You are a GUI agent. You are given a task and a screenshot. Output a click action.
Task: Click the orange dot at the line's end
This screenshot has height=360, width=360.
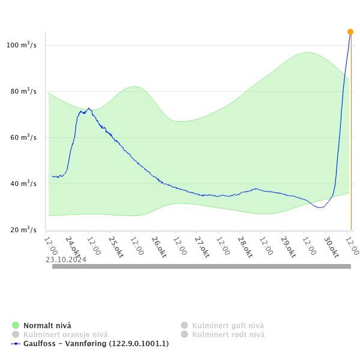350,32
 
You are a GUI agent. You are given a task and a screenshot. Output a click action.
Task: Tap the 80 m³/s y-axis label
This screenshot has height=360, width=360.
23,91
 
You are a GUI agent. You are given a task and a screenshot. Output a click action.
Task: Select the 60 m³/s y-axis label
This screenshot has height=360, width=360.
23,137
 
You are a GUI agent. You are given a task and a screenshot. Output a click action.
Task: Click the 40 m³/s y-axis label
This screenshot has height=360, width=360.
23,184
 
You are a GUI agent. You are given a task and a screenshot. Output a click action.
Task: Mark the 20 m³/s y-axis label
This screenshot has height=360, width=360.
23,230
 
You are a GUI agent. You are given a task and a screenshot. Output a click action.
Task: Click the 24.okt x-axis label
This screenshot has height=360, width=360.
73,246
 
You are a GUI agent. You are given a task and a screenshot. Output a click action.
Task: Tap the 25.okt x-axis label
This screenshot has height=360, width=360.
115,246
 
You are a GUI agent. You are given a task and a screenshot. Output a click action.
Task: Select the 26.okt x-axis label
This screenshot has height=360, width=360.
158,246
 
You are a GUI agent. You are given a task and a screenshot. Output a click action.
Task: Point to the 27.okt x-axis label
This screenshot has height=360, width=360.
202,246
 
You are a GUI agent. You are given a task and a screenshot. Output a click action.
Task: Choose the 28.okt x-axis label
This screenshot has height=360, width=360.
245,246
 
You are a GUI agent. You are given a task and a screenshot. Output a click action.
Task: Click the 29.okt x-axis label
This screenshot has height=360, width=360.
288,246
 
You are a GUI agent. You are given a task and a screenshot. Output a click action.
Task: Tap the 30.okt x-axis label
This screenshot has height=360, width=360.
331,246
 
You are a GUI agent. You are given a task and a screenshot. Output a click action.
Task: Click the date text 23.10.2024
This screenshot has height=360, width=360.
66,260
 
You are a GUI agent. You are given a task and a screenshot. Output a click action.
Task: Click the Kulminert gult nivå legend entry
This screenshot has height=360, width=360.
227,325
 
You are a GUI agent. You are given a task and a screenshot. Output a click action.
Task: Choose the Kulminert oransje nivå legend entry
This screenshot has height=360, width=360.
65,334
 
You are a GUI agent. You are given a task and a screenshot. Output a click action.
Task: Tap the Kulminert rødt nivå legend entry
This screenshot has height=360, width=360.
228,334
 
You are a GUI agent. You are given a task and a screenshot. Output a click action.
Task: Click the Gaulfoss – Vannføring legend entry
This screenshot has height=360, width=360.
96,344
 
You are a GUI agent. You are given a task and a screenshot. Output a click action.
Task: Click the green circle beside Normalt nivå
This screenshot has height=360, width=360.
16,325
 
